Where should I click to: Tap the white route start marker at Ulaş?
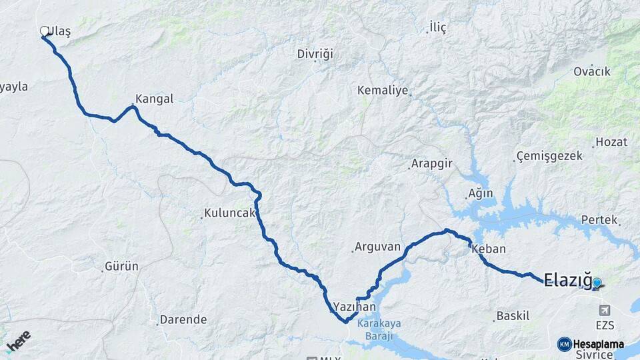tap(45, 31)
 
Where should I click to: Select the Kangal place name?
tap(154, 99)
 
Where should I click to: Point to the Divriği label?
tap(315, 53)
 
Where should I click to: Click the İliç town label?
tap(437, 27)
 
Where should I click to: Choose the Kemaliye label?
tap(382, 90)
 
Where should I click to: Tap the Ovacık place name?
tap(592, 71)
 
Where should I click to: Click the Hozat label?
tap(611, 141)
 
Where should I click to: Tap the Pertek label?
tap(599, 219)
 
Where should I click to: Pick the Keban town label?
tap(489, 249)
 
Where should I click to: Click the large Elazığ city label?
tap(567, 279)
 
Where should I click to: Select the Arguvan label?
tap(377, 247)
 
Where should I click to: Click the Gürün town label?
tap(121, 266)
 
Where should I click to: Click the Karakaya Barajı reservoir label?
tap(379, 329)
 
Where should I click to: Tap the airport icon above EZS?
tap(605, 310)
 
